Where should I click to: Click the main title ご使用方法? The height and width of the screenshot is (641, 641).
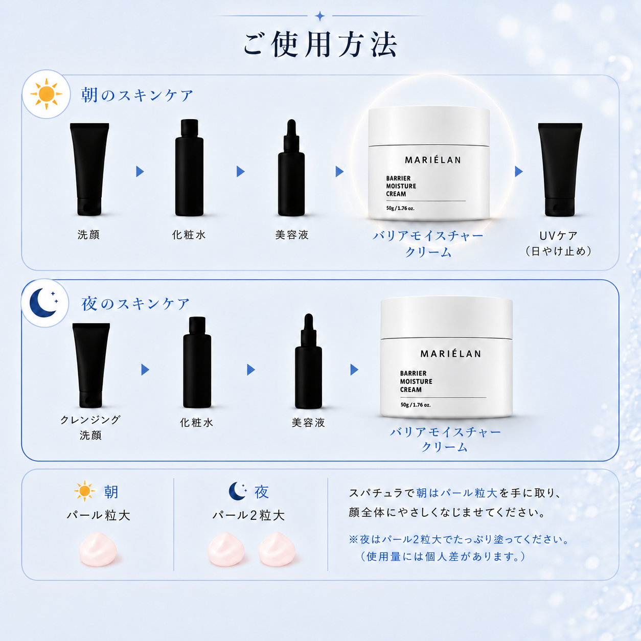click(x=320, y=44)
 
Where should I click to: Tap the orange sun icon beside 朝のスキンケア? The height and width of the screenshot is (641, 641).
click(x=46, y=94)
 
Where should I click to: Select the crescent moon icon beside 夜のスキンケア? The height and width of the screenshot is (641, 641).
click(x=44, y=303)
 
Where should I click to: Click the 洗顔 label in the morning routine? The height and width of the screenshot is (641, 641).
click(x=88, y=235)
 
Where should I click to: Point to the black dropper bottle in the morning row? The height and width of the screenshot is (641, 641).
click(x=291, y=168)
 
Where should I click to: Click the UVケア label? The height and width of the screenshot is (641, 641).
click(x=559, y=236)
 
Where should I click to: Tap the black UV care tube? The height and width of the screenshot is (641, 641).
click(x=560, y=170)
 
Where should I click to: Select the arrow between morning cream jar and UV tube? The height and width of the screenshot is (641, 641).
click(x=519, y=172)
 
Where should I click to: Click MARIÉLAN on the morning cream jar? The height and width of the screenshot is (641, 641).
click(x=433, y=160)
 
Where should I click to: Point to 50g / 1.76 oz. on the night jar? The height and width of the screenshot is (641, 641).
click(x=416, y=405)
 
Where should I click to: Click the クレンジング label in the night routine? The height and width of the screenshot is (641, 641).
click(x=90, y=420)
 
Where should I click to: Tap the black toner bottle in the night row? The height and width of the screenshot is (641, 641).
click(x=197, y=362)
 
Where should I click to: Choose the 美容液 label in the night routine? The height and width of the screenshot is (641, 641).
click(x=308, y=422)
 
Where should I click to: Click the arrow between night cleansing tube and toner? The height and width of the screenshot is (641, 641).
click(x=145, y=370)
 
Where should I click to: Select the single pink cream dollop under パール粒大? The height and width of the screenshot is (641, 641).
click(x=98, y=549)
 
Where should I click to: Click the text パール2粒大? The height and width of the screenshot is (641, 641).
click(x=249, y=515)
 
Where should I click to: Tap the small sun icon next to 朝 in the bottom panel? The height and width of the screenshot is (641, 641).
click(x=84, y=491)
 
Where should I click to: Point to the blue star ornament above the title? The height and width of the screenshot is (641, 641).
click(x=320, y=16)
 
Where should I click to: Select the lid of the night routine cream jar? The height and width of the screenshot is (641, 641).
click(x=446, y=318)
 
